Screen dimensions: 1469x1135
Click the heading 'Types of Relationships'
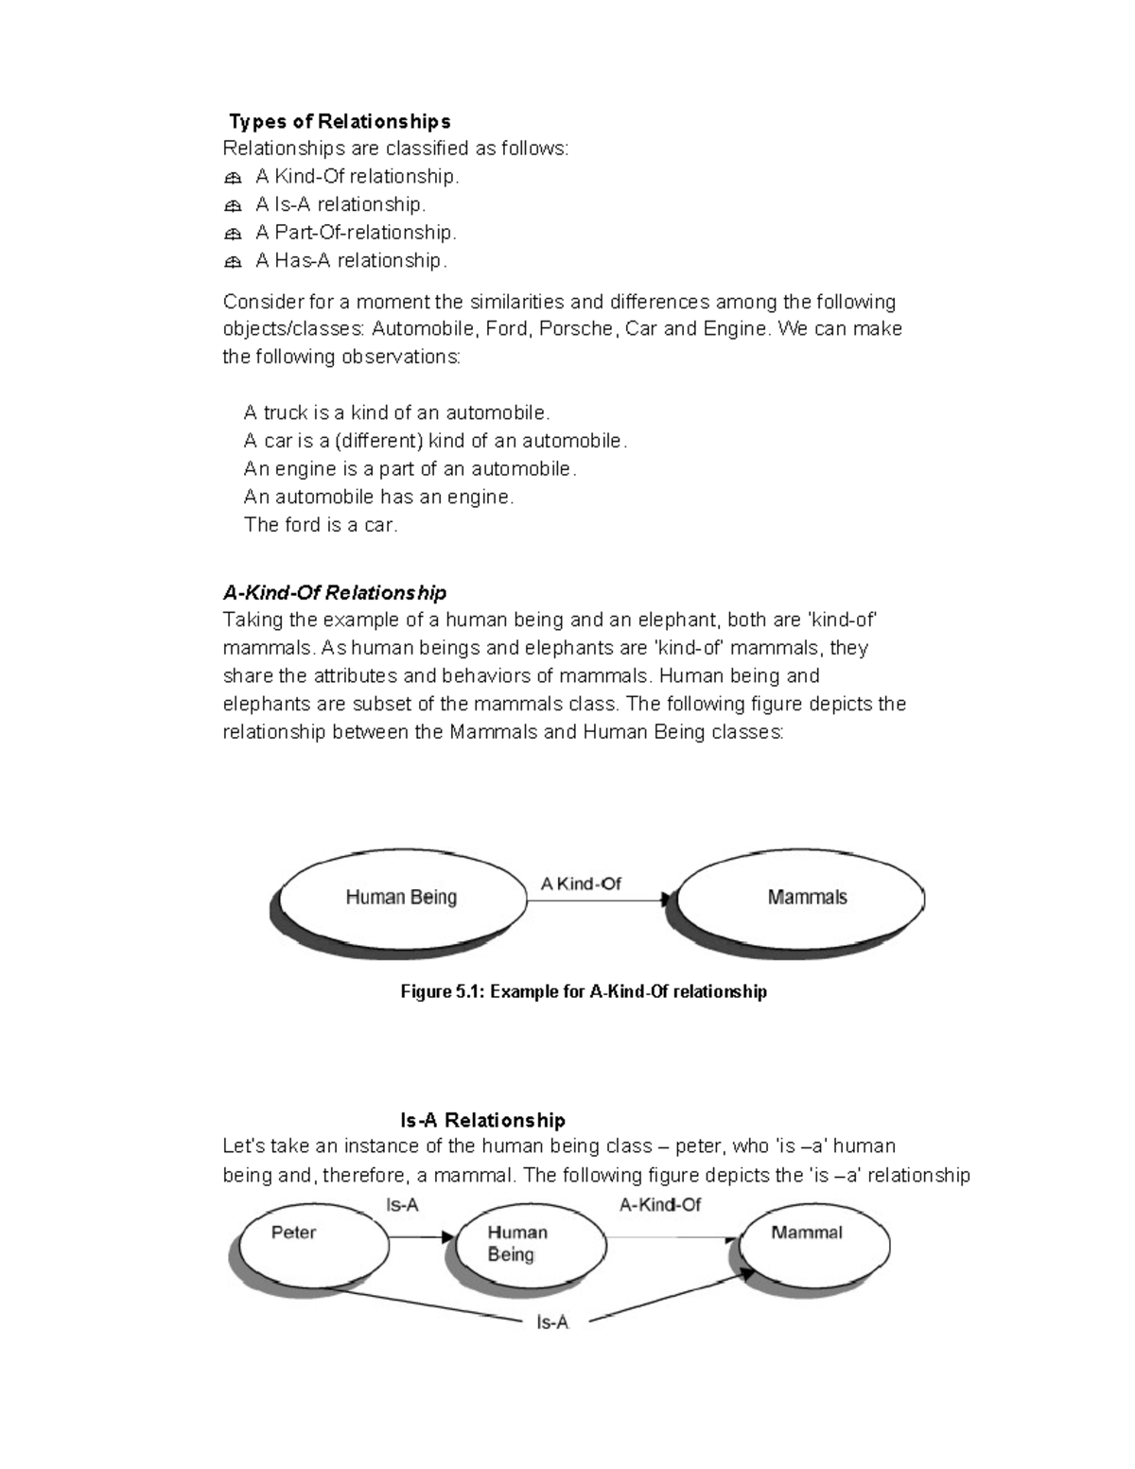tap(340, 121)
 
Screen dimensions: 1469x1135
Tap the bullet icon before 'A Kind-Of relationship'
tap(234, 178)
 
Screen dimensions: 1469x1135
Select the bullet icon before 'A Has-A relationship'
tap(234, 262)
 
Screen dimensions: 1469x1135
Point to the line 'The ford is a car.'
tap(321, 525)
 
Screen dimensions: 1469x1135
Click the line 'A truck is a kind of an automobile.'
tap(396, 413)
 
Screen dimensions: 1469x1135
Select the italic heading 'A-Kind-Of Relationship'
tap(334, 593)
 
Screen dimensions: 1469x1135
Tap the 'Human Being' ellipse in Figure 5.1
tap(401, 898)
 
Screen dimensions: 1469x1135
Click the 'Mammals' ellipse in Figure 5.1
tap(806, 898)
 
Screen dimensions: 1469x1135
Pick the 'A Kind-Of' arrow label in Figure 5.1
tap(581, 884)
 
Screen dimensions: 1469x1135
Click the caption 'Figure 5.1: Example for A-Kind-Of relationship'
tap(584, 992)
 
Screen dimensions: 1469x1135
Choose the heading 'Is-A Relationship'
tap(482, 1121)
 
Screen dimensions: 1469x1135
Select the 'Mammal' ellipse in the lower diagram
tap(813, 1243)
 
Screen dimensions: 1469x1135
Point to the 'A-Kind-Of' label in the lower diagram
tap(660, 1205)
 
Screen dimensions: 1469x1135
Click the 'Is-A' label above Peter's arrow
tap(402, 1205)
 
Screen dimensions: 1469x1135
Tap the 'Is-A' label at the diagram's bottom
tap(552, 1323)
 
